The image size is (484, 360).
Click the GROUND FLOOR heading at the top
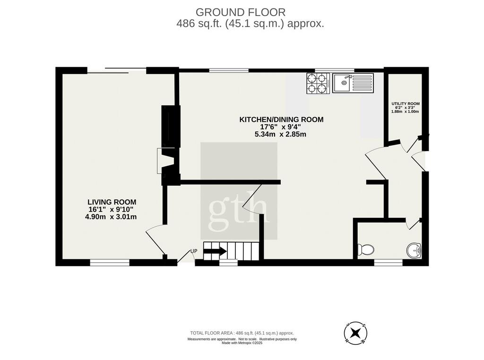pyautogui.click(x=241, y=12)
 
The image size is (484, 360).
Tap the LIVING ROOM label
pyautogui.click(x=112, y=202)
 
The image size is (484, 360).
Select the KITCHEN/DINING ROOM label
pyautogui.click(x=281, y=120)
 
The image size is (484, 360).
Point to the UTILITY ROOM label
pyautogui.click(x=405, y=103)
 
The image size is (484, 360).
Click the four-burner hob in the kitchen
pyautogui.click(x=318, y=83)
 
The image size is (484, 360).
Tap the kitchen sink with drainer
pyautogui.click(x=353, y=83)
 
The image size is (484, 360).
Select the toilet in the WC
pyautogui.click(x=365, y=249)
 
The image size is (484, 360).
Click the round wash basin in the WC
pyautogui.click(x=414, y=250)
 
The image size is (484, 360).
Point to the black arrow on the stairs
pyautogui.click(x=215, y=251)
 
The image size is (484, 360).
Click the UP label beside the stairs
pyautogui.click(x=193, y=251)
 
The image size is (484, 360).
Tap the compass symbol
pyautogui.click(x=355, y=333)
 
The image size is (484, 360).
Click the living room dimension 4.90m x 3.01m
pyautogui.click(x=111, y=217)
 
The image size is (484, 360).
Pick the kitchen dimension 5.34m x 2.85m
pyautogui.click(x=280, y=134)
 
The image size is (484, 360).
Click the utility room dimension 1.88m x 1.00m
pyautogui.click(x=405, y=111)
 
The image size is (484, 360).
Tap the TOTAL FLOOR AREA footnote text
pyautogui.click(x=242, y=333)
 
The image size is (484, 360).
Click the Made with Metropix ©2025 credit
pyautogui.click(x=242, y=343)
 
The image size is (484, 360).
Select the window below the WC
pyautogui.click(x=389, y=263)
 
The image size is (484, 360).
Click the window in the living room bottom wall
pyautogui.click(x=110, y=263)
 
